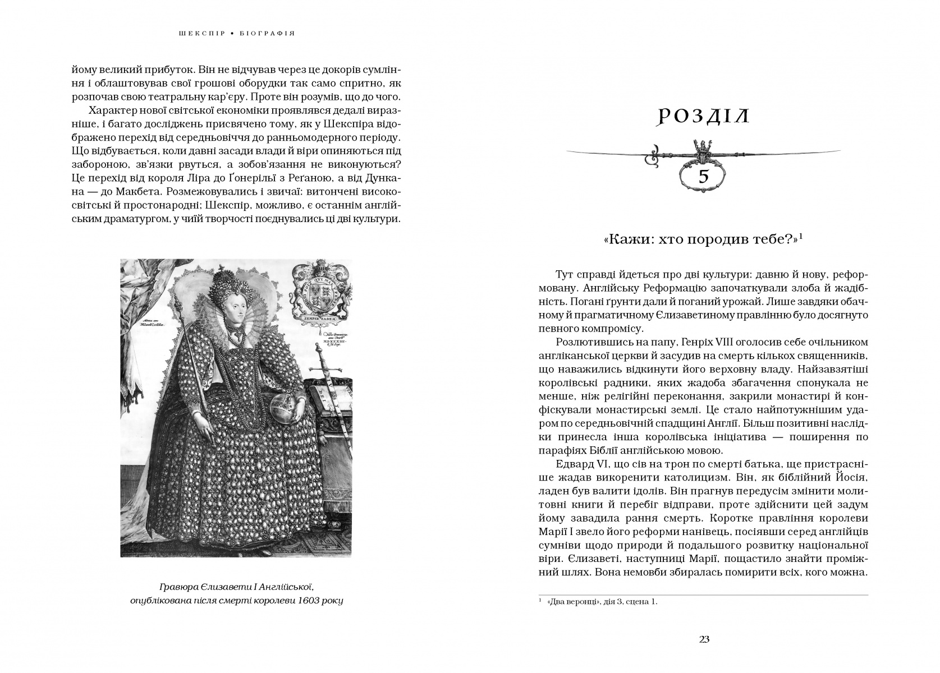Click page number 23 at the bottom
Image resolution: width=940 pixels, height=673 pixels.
[705, 639]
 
